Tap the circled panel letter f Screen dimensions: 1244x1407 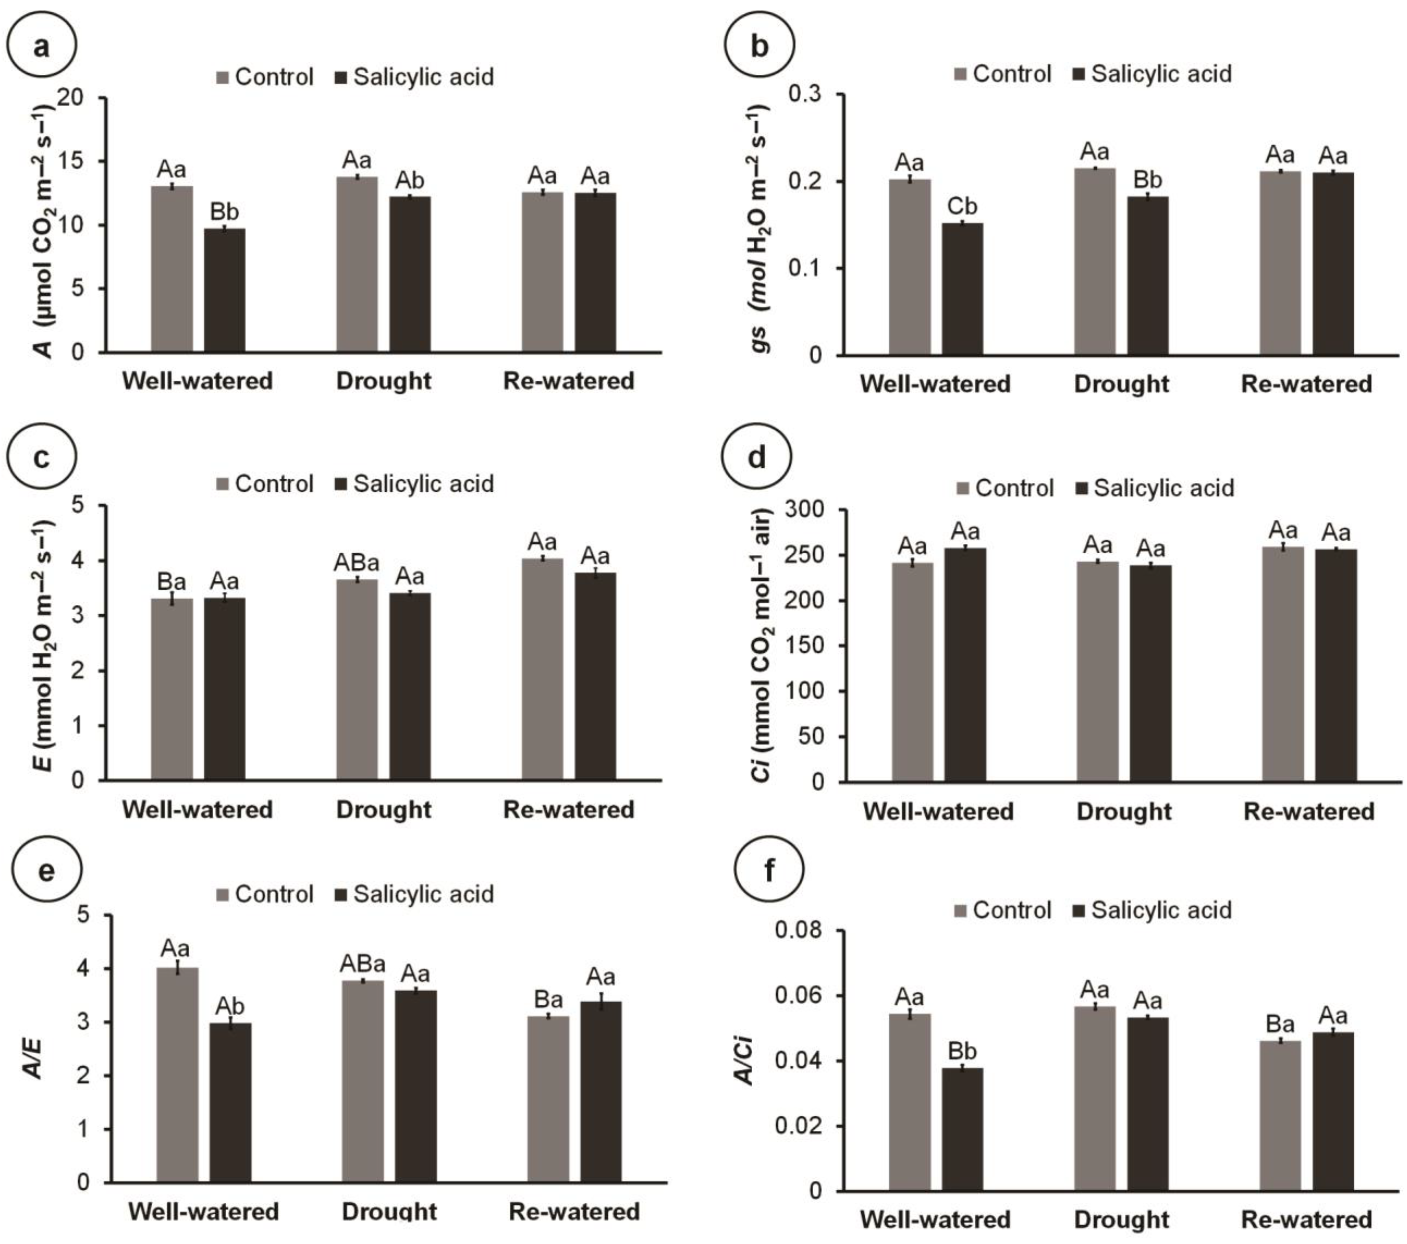tap(769, 871)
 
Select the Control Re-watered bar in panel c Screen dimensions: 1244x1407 tap(542, 669)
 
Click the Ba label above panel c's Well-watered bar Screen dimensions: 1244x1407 tap(172, 582)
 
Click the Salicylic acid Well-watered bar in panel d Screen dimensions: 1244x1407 tap(965, 665)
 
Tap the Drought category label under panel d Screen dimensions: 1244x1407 tap(1123, 811)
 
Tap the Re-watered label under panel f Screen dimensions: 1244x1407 tap(1306, 1219)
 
